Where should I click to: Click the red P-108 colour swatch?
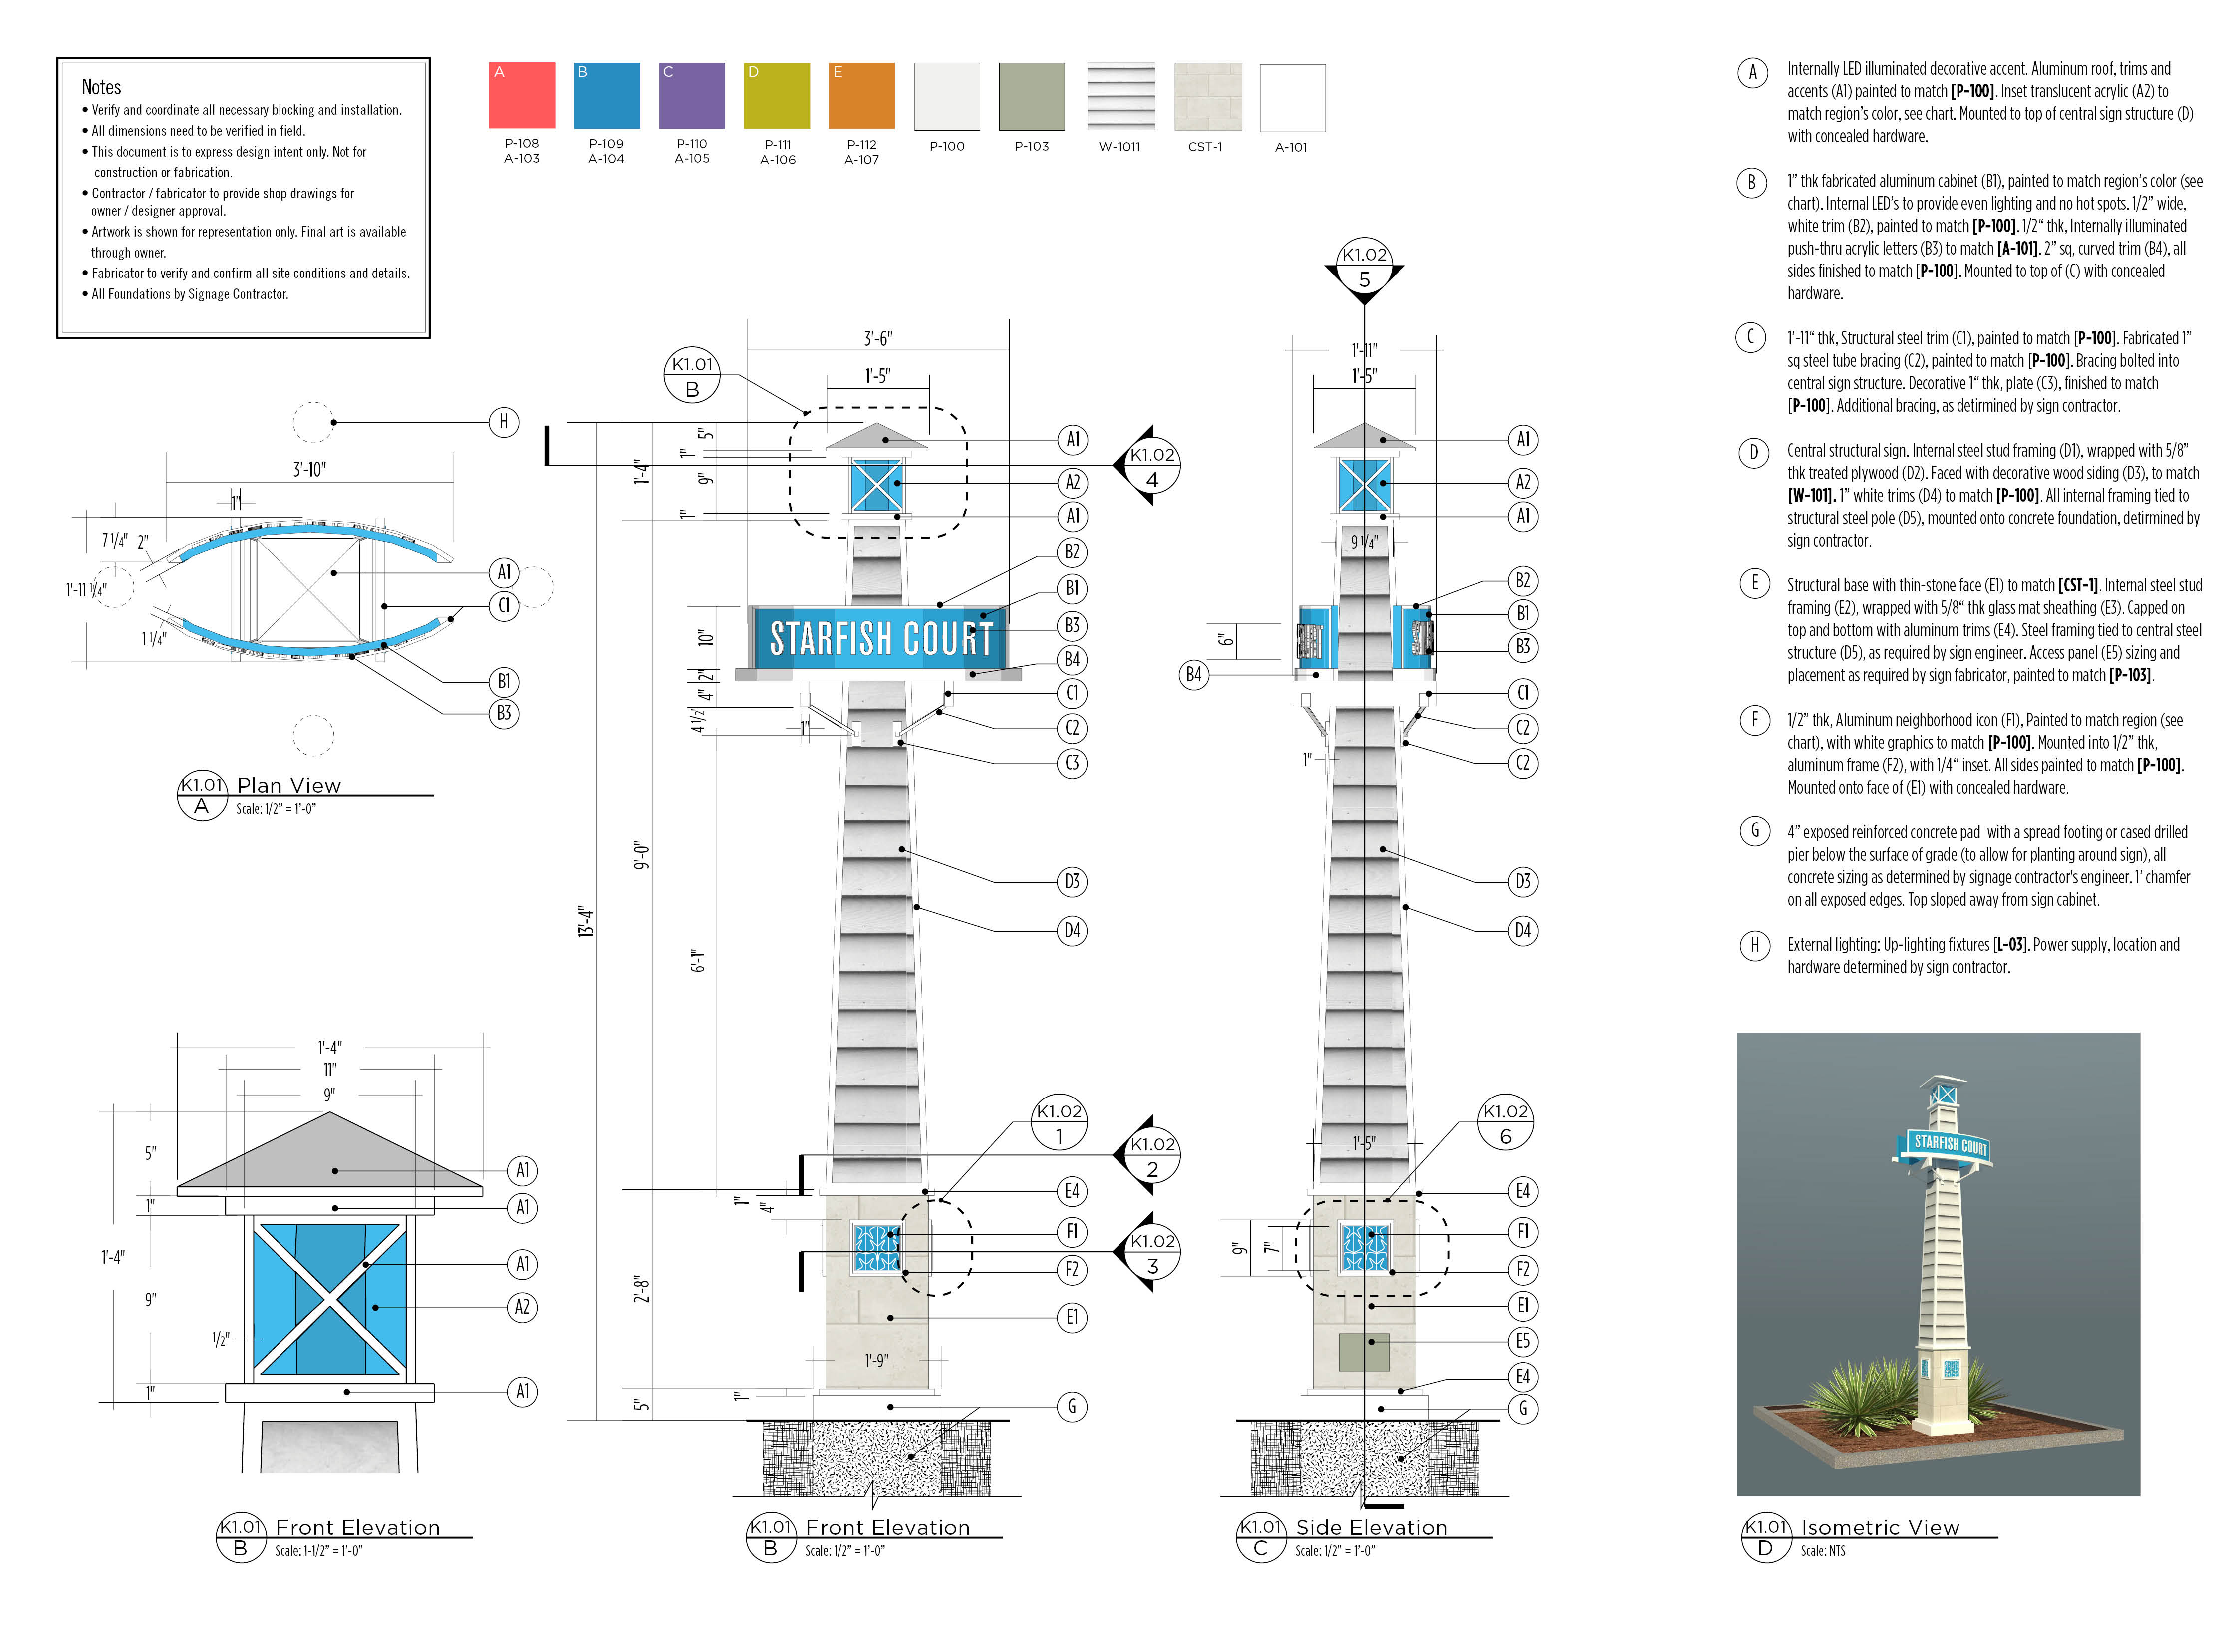[x=522, y=96]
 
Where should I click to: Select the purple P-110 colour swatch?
[x=692, y=96]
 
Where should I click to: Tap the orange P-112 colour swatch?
[x=861, y=96]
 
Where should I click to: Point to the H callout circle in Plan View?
[x=504, y=422]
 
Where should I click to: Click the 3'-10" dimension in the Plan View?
[x=309, y=469]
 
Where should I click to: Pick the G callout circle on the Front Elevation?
[x=1072, y=1407]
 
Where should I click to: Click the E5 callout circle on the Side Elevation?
[x=1522, y=1341]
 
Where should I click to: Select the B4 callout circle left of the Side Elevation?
[x=1193, y=675]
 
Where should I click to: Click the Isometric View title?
[x=1879, y=1527]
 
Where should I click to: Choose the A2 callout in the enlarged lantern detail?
[x=522, y=1307]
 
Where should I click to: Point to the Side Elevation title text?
[x=1371, y=1527]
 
